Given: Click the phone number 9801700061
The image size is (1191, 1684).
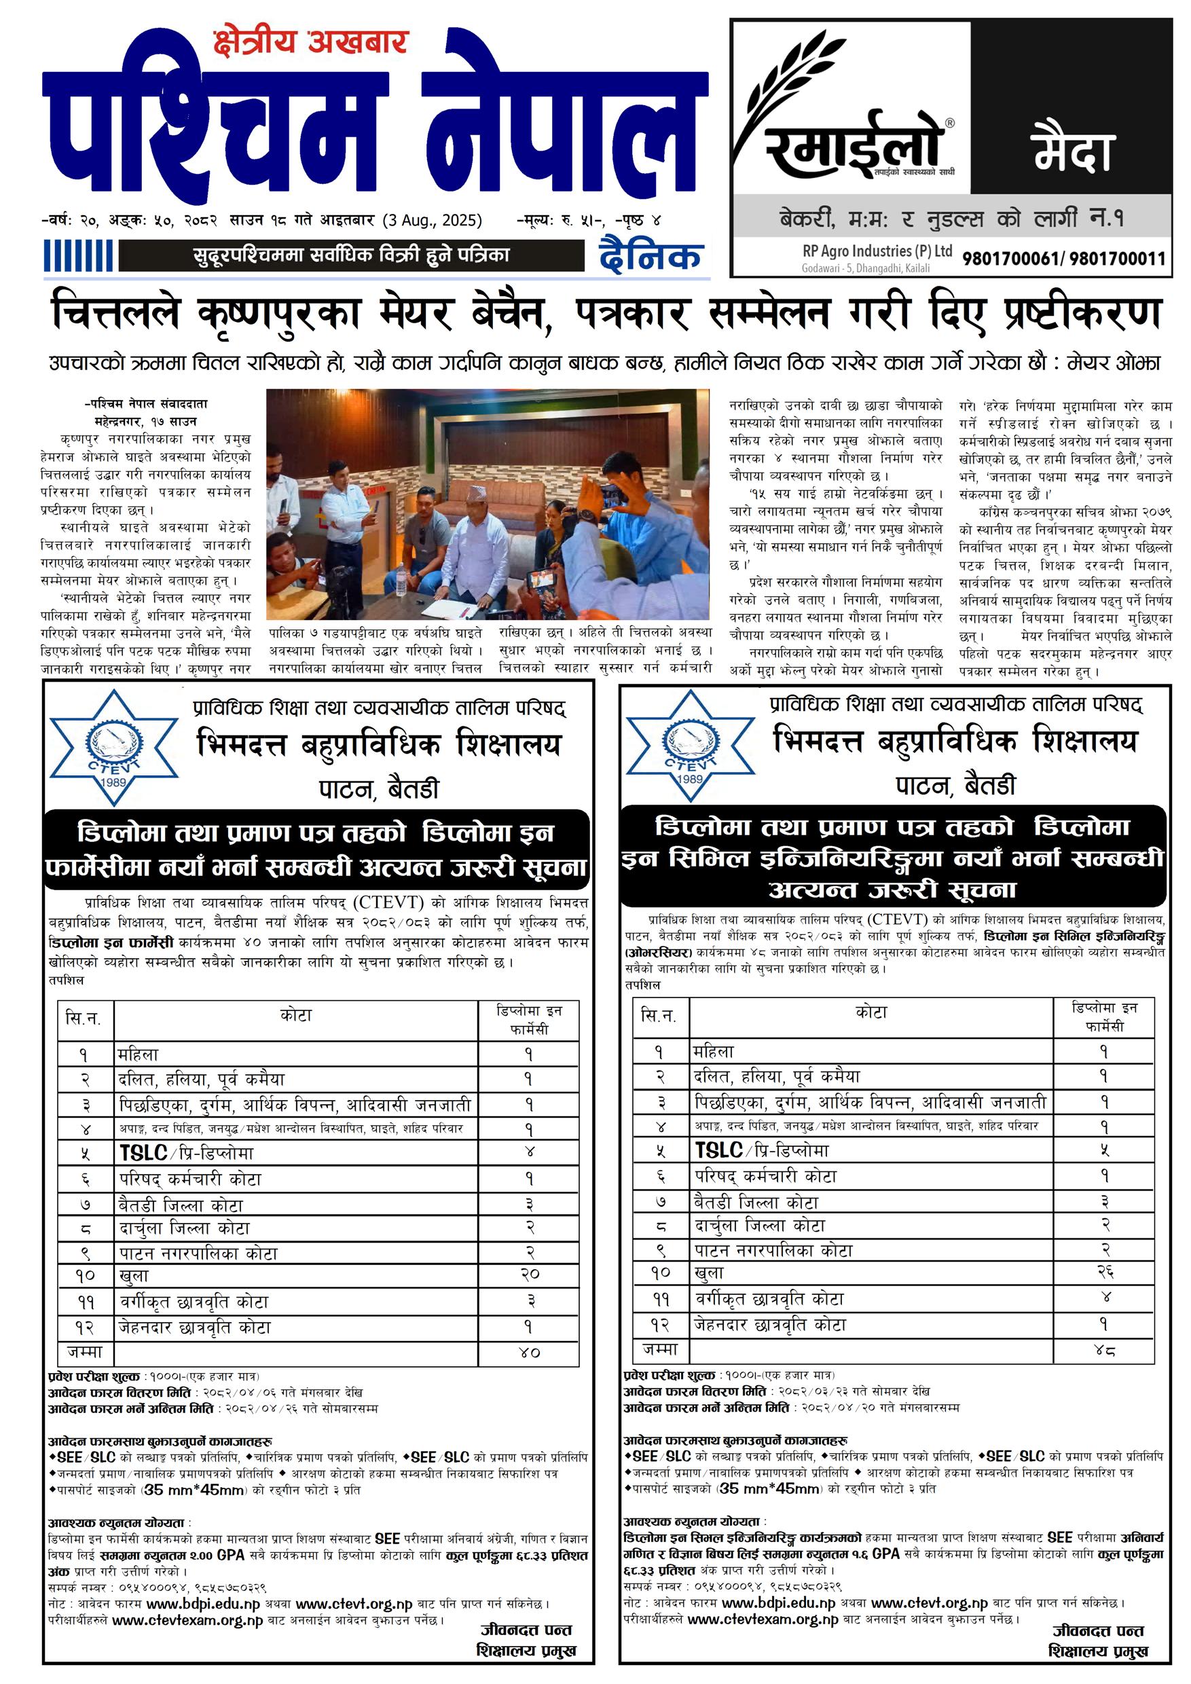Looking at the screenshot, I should [x=1010, y=259].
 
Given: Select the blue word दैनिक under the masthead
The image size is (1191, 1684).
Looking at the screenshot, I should [x=651, y=256].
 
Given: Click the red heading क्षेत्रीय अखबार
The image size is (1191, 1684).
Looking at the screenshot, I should [x=310, y=43].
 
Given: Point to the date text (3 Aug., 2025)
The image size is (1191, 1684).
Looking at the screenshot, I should [x=432, y=220].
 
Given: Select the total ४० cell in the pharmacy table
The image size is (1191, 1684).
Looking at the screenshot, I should [x=529, y=1352].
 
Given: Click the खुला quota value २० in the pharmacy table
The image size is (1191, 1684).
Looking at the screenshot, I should [x=529, y=1275].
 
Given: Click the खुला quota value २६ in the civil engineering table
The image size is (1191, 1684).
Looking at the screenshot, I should [x=1105, y=1272].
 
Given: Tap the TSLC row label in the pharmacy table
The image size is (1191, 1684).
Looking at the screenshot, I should [x=186, y=1152].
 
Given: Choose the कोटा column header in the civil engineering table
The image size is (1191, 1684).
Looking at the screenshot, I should [x=871, y=1013].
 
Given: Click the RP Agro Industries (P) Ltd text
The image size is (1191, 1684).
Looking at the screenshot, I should [x=877, y=251].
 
